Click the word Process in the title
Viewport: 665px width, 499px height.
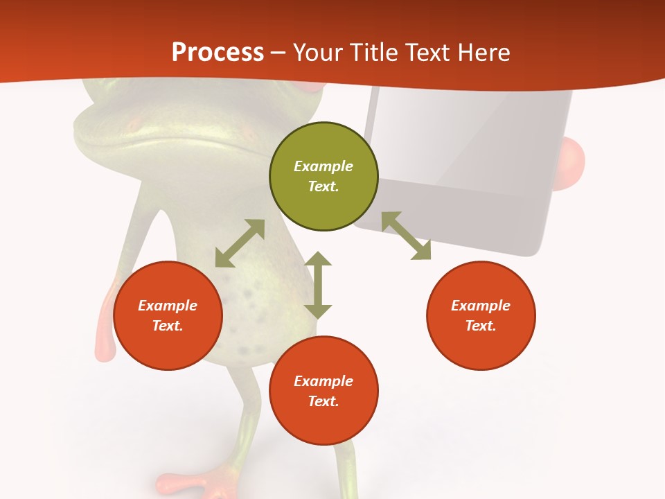218,53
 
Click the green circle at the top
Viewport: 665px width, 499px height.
323,176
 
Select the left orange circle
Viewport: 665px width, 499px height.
168,315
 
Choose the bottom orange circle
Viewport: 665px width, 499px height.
323,391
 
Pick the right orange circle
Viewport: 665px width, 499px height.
481,315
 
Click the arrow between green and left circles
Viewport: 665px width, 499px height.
240,243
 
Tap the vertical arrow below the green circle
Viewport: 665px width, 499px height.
318,285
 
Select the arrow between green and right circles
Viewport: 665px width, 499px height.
406,236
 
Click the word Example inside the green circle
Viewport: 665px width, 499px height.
323,166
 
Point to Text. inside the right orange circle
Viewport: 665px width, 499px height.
481,326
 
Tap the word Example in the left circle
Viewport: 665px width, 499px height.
168,306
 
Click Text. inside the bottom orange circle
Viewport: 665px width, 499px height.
323,401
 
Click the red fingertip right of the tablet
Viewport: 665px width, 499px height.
572,164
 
